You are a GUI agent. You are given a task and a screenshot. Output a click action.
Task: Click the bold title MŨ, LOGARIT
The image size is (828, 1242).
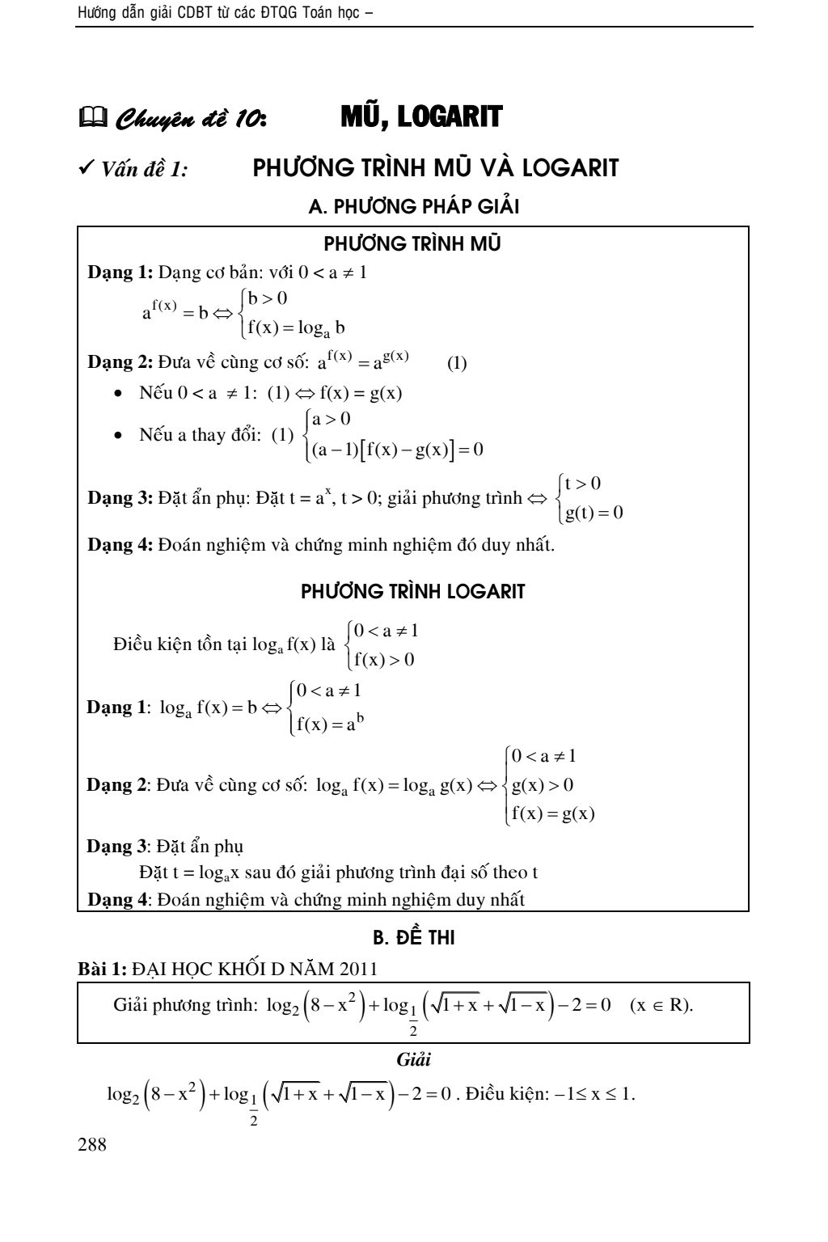pyautogui.click(x=421, y=117)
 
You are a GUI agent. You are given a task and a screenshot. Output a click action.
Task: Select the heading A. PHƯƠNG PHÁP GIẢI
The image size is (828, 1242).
pyautogui.click(x=413, y=207)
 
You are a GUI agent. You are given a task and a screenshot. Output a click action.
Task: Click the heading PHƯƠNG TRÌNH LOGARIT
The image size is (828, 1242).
pyautogui.click(x=413, y=591)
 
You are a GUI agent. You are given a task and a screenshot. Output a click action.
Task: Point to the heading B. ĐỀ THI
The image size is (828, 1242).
pyautogui.click(x=413, y=938)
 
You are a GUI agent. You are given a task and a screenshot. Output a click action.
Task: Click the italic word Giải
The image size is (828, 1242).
pyautogui.click(x=413, y=1059)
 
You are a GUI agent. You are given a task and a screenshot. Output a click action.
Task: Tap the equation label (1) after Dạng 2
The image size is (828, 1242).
pyautogui.click(x=457, y=363)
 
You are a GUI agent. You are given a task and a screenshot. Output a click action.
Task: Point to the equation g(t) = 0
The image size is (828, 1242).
pyautogui.click(x=594, y=513)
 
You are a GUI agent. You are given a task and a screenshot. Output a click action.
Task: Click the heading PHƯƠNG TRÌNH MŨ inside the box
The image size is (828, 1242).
pyautogui.click(x=413, y=243)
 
